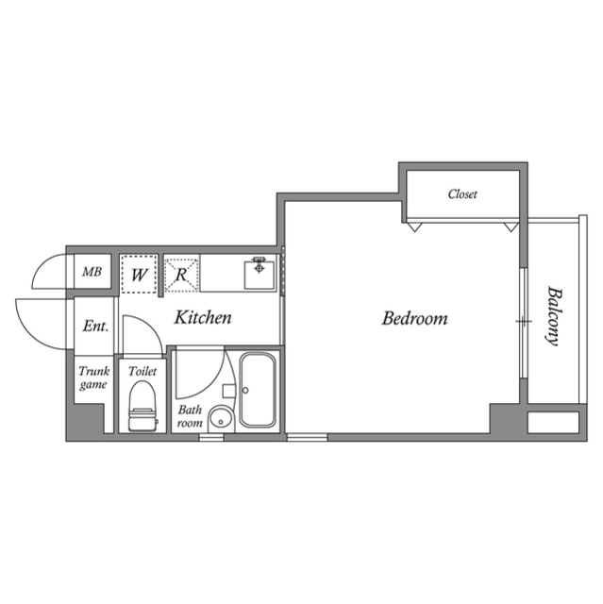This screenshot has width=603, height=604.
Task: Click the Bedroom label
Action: (414, 319)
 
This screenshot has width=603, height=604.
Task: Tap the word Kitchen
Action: (203, 317)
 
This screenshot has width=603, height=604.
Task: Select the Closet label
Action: (462, 193)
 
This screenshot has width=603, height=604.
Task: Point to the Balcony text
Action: (554, 316)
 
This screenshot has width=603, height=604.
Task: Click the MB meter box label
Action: (92, 272)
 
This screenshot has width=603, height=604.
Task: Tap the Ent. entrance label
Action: (95, 327)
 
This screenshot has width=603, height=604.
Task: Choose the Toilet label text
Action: (142, 371)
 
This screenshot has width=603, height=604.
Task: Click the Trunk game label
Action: (94, 377)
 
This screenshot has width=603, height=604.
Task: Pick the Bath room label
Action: (190, 416)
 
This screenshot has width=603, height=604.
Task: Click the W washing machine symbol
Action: (139, 275)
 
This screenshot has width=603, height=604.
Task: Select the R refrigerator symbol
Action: (181, 275)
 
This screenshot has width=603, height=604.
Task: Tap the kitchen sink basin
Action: (260, 275)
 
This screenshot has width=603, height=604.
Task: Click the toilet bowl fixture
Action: (142, 406)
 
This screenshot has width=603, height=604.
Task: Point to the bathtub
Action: (258, 390)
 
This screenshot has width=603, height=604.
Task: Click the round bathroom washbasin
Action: (221, 419)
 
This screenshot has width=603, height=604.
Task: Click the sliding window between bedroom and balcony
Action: (523, 323)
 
